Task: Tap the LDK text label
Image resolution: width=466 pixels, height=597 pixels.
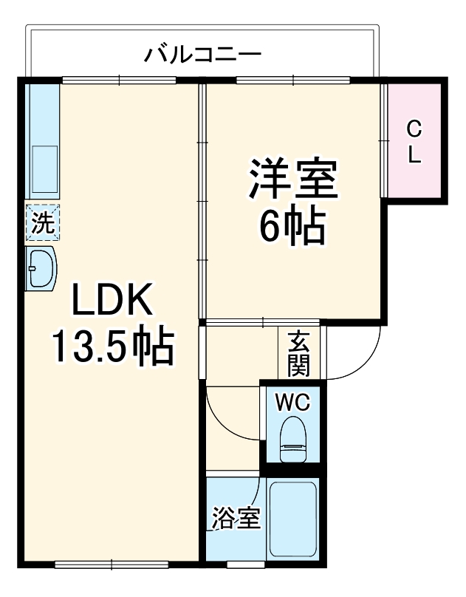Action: point(112,302)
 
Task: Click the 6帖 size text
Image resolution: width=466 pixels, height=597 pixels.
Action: point(292,227)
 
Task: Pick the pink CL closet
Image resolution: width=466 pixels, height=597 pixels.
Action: point(414,141)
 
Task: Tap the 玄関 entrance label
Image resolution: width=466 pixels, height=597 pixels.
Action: point(299,352)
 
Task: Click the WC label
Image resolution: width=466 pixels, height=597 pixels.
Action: point(293,403)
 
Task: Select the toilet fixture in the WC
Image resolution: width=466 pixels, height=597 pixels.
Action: point(293,440)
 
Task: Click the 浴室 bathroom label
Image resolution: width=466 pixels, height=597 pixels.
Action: point(236,518)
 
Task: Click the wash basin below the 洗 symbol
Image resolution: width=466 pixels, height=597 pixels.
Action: point(41,268)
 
